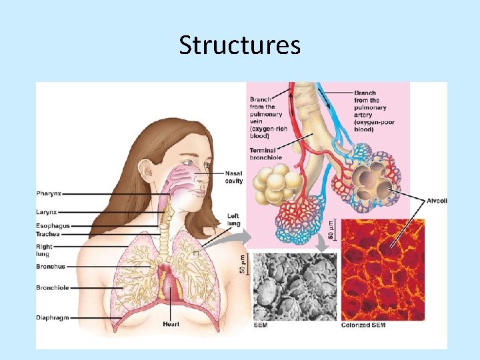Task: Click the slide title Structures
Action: [240, 45]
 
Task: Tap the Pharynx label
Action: [49, 194]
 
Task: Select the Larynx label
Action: [47, 212]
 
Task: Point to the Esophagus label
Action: [53, 227]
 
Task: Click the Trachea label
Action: [48, 235]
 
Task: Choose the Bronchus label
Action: [51, 267]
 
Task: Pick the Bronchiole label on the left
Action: [53, 288]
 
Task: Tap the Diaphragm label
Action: [53, 318]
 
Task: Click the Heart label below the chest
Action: [171, 325]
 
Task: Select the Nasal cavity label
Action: [234, 177]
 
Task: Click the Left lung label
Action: [233, 219]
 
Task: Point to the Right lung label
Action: [44, 250]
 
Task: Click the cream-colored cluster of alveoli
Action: [273, 185]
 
